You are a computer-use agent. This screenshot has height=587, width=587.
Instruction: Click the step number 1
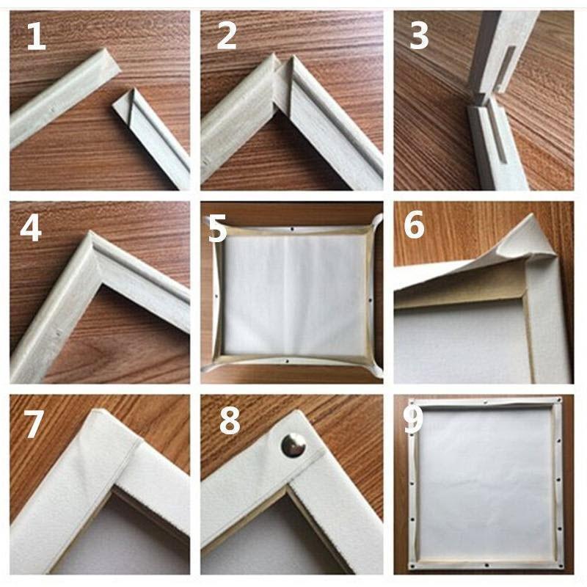click(36, 37)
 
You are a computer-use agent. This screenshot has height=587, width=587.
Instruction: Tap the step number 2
click(226, 37)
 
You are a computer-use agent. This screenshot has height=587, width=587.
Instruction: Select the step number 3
click(418, 37)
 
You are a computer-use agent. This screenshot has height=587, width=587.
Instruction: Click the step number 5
click(217, 229)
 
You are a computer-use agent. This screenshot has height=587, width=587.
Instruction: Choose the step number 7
click(34, 423)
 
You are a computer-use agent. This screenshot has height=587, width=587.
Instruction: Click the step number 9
click(413, 419)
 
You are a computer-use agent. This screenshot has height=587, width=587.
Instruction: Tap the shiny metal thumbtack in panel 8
click(293, 445)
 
